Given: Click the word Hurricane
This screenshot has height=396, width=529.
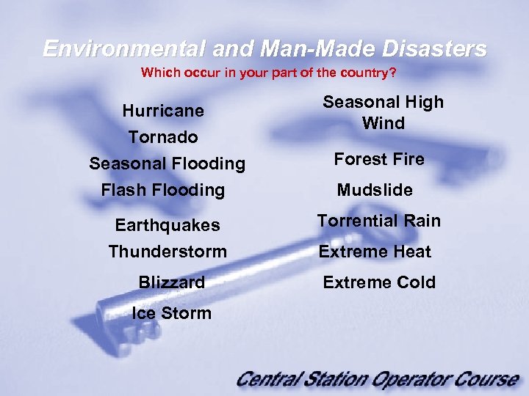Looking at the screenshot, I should click(163, 111).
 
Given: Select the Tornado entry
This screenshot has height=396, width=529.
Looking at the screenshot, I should click(163, 137).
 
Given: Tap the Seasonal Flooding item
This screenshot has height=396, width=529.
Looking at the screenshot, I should click(167, 164).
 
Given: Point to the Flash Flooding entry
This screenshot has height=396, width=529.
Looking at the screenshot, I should click(163, 190).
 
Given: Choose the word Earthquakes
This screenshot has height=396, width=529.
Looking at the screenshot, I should click(168, 225).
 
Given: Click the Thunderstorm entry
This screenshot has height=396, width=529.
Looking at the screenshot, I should click(168, 252).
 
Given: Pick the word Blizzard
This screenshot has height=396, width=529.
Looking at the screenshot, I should click(171, 282).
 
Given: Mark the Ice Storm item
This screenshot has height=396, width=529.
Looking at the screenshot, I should click(171, 313).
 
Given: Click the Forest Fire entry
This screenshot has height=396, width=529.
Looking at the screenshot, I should click(379, 159).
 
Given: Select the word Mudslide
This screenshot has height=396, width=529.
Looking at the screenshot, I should click(375, 190).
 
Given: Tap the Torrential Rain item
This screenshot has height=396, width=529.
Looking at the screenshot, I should click(379, 221).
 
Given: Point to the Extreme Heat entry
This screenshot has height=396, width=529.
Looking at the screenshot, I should click(375, 252).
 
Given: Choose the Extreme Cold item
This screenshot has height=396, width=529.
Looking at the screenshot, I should click(379, 282).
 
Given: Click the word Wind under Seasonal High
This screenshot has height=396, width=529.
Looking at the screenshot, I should click(384, 123).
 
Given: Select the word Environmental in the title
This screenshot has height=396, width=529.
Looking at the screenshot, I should click(123, 49).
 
